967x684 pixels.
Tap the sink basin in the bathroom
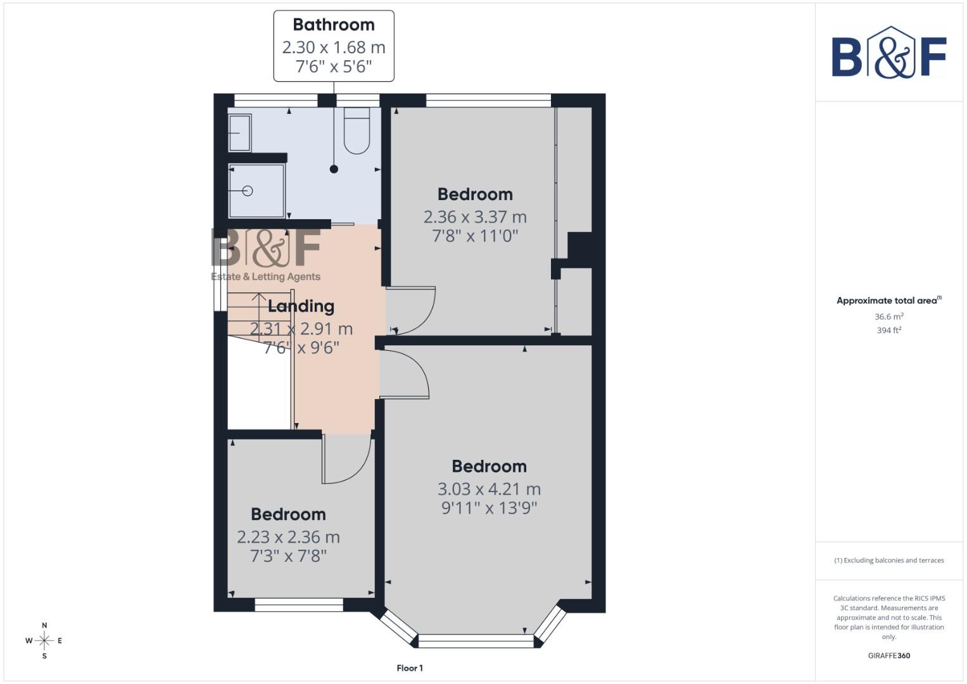click(x=239, y=133)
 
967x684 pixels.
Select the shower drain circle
click(x=248, y=191)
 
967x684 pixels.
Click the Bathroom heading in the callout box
click(x=334, y=25)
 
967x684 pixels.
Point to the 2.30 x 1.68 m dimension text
click(x=334, y=47)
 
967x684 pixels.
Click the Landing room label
click(x=301, y=307)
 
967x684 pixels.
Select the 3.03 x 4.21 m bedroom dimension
click(x=489, y=489)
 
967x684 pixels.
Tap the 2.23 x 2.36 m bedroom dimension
click(x=288, y=537)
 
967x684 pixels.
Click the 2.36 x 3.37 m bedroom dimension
click(x=475, y=217)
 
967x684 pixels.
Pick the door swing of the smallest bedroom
click(x=345, y=459)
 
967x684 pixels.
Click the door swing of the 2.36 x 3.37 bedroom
click(x=410, y=310)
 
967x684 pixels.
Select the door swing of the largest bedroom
click(x=404, y=374)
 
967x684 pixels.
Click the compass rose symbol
click(x=44, y=641)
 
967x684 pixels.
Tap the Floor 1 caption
click(x=410, y=668)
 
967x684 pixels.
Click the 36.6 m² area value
click(x=889, y=317)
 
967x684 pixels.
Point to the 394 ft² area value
click(x=889, y=331)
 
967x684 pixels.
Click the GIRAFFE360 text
click(x=889, y=655)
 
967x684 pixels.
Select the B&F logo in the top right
click(x=889, y=54)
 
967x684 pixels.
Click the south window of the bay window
click(x=476, y=641)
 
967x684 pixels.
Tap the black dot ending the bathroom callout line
click(x=334, y=169)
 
